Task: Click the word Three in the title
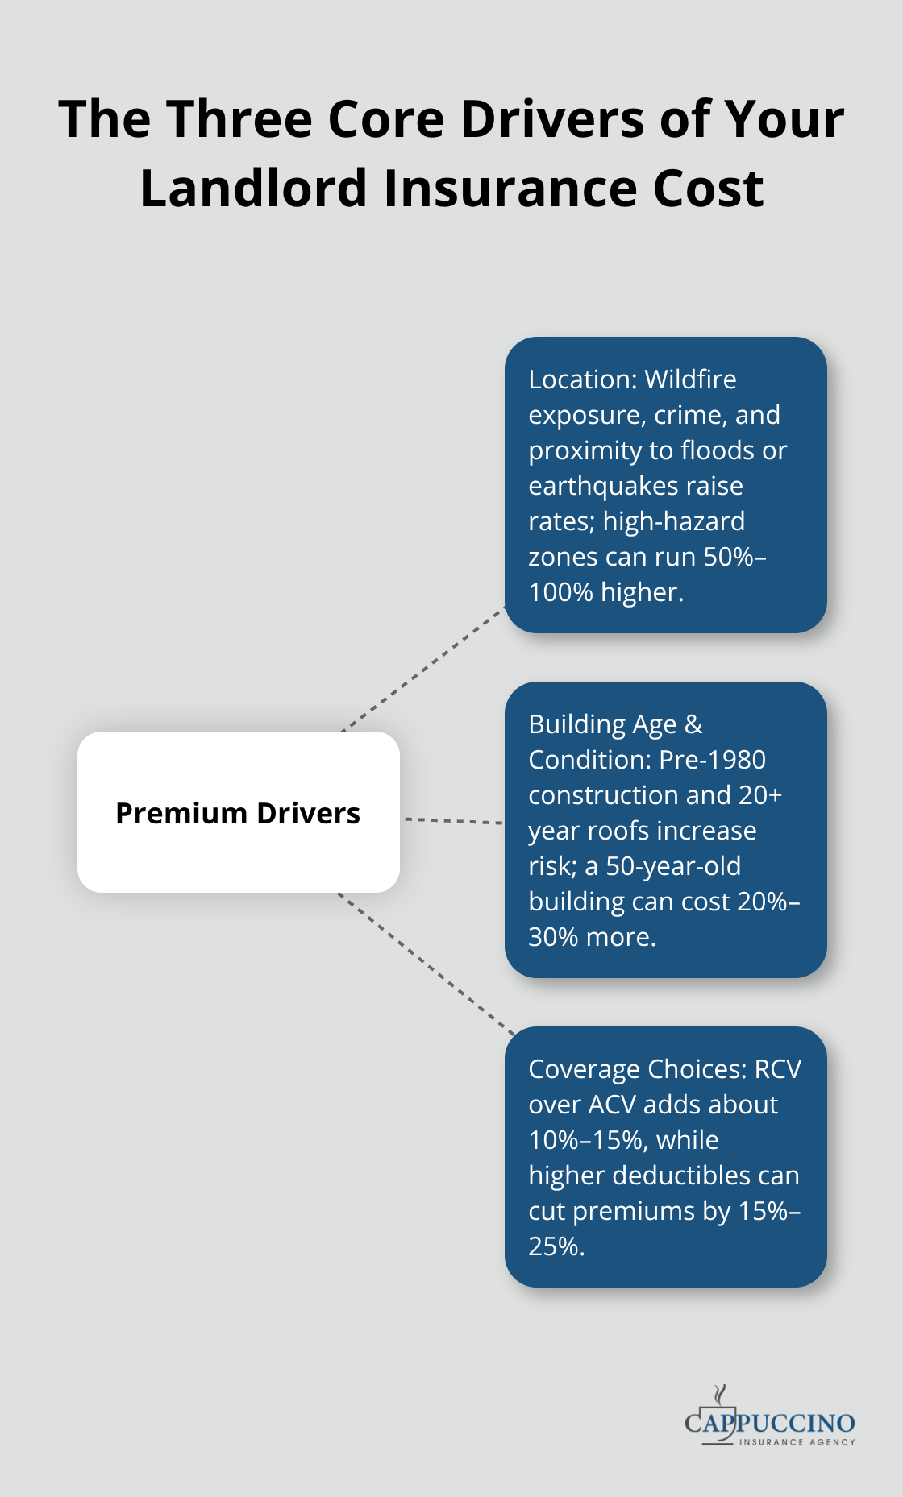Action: point(239,119)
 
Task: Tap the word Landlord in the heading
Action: point(255,189)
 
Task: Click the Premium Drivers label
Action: point(238,813)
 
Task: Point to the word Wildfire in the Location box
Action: point(690,379)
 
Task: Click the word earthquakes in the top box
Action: point(595,486)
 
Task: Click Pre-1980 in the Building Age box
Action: point(712,760)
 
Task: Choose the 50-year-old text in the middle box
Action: point(673,866)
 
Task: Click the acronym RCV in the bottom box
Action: point(777,1069)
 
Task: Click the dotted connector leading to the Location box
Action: point(423,670)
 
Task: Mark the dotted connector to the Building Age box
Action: point(452,820)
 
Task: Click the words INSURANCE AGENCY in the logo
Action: point(797,1442)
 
